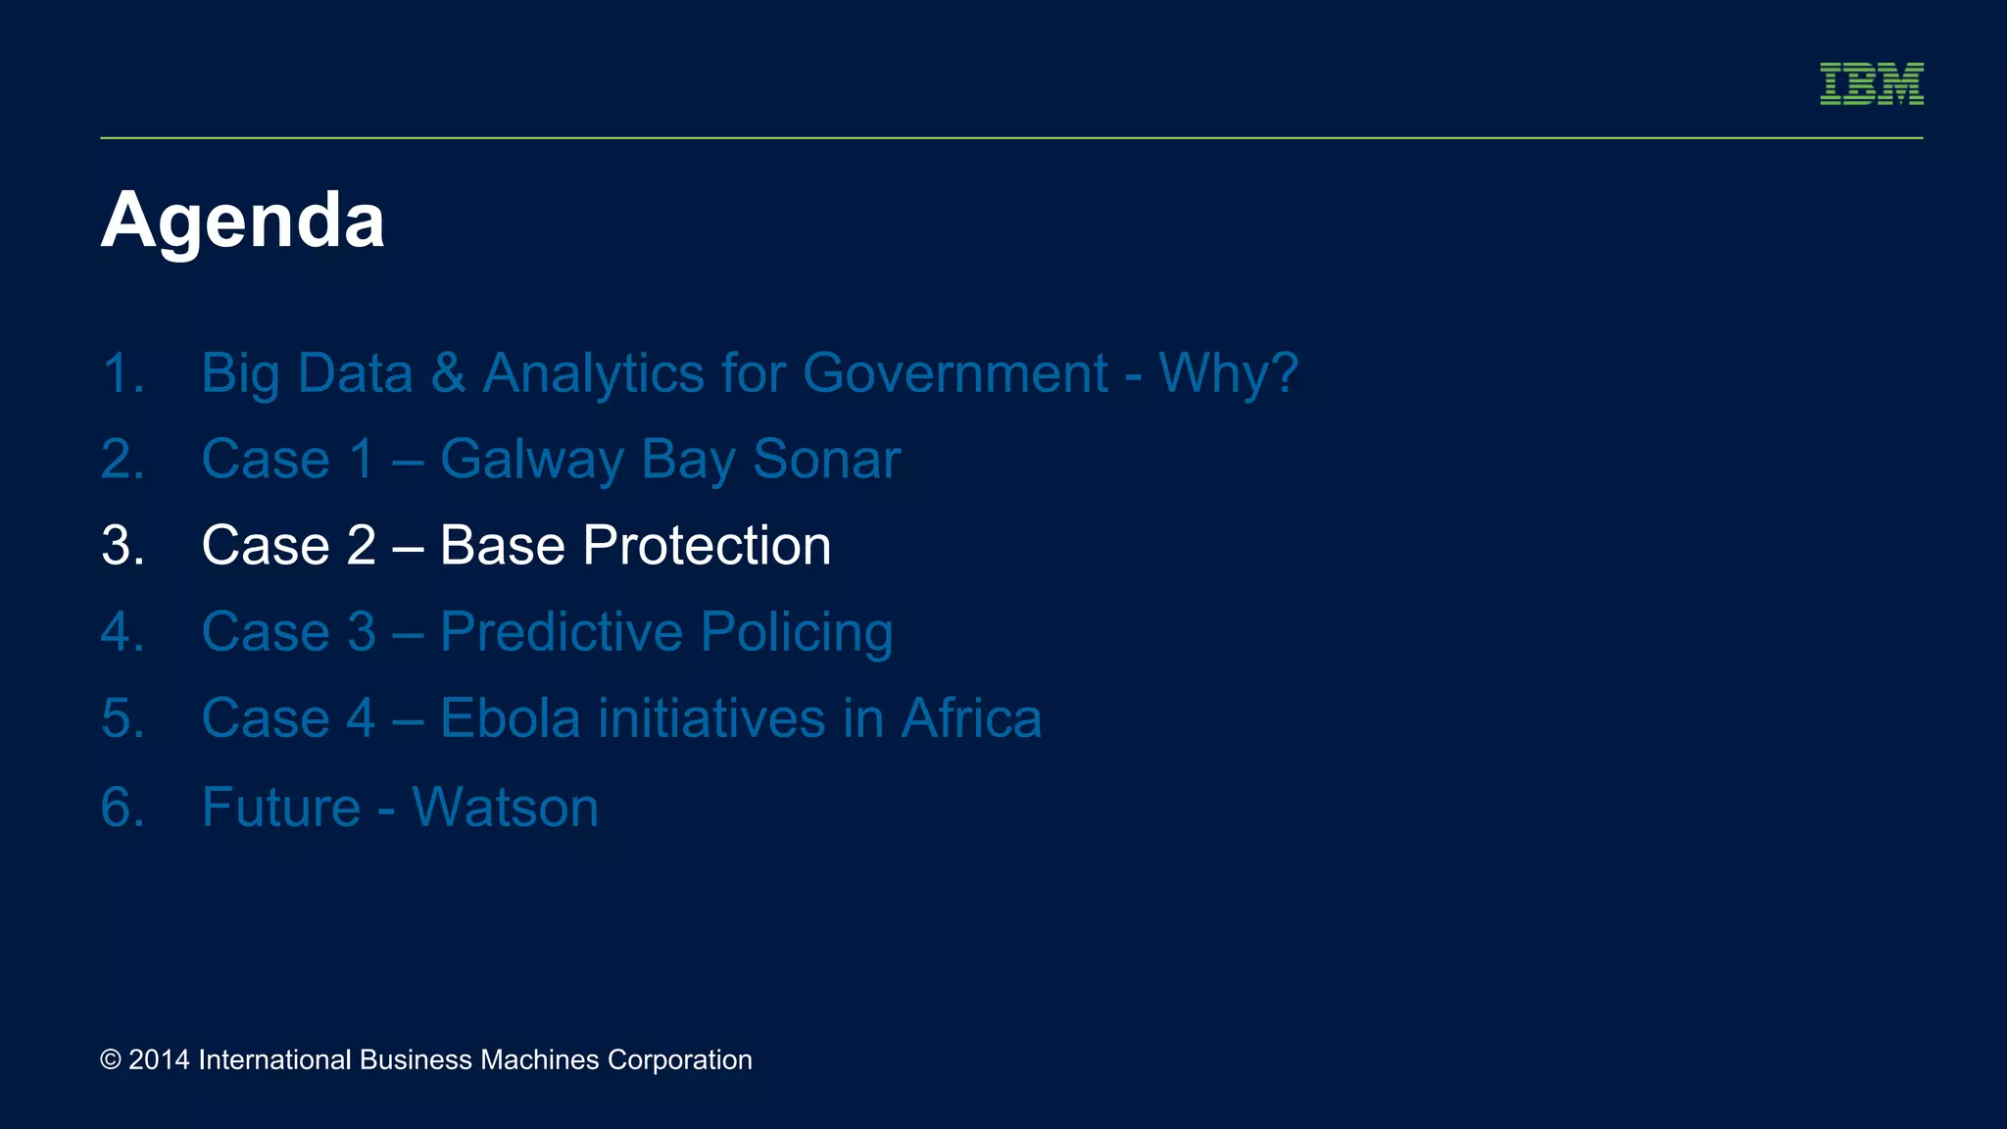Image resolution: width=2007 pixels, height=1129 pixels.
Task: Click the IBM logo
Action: [x=1871, y=83]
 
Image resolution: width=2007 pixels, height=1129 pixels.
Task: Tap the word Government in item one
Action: [x=955, y=373]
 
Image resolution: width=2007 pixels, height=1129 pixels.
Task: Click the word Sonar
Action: [x=825, y=459]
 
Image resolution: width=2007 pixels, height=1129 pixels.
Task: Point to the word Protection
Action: [x=707, y=545]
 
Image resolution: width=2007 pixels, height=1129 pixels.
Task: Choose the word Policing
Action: [x=796, y=632]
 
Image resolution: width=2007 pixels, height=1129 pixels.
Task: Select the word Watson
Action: [x=505, y=807]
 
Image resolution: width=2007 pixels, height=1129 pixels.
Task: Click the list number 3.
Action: [x=122, y=546]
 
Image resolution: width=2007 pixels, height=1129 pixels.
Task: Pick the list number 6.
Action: [x=122, y=808]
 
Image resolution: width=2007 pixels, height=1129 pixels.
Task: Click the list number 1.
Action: [x=122, y=374]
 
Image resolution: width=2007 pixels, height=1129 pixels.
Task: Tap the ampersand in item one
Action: [x=448, y=373]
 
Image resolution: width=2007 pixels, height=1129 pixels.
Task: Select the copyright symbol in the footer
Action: [x=111, y=1059]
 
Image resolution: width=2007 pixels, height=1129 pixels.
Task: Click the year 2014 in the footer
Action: [x=159, y=1059]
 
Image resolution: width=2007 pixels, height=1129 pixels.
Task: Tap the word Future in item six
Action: [x=281, y=807]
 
